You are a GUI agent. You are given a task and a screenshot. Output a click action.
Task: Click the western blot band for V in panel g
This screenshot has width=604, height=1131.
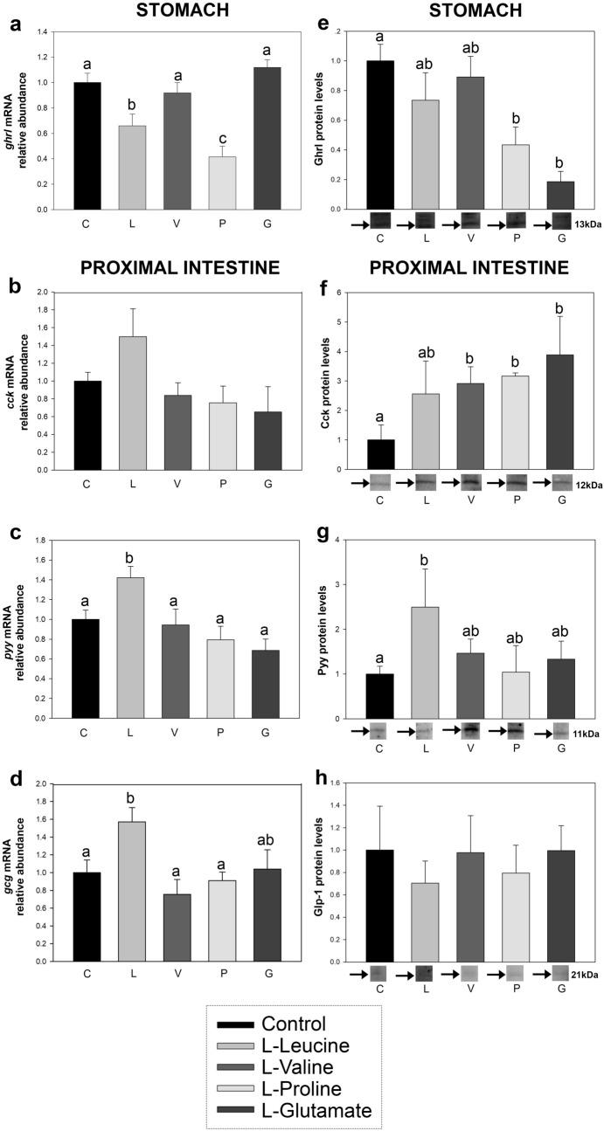(493, 730)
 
